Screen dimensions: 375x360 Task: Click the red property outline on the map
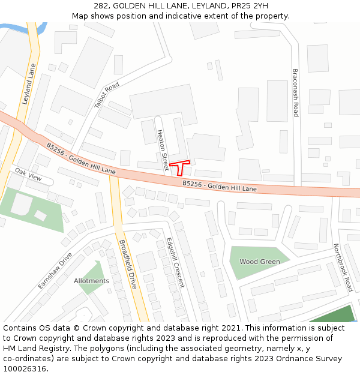tap(179, 165)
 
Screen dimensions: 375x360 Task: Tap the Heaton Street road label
tap(163, 150)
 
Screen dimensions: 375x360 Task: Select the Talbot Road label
tap(107, 95)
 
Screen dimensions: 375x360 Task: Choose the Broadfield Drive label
tap(128, 264)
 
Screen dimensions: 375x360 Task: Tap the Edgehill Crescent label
tap(175, 262)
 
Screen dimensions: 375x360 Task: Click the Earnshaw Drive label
tap(55, 271)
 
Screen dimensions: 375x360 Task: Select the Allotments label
tap(91, 281)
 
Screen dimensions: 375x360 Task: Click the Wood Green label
tap(260, 262)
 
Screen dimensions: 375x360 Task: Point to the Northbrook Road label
tap(343, 268)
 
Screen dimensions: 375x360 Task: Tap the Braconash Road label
tap(295, 92)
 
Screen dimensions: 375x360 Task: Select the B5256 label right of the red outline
tap(220, 186)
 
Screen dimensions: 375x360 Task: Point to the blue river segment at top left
tap(13, 28)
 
